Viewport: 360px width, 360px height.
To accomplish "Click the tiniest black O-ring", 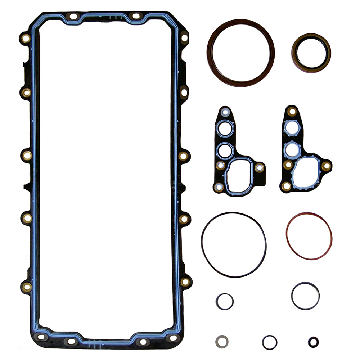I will pyautogui.click(x=313, y=342).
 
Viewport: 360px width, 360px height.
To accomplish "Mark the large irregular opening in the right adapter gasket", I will pyautogui.click(x=305, y=174).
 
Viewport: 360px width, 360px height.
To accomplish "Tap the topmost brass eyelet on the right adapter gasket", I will pyautogui.click(x=292, y=112).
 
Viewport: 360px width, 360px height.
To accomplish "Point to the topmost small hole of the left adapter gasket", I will pyautogui.click(x=226, y=113).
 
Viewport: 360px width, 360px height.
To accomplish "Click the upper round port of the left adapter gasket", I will pyautogui.click(x=225, y=129).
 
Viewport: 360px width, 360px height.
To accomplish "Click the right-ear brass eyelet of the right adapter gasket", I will pyautogui.click(x=326, y=166).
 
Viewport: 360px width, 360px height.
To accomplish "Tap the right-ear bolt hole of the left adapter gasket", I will pyautogui.click(x=259, y=167).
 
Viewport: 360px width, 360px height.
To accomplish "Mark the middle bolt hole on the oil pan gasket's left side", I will pyautogui.click(x=27, y=156).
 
